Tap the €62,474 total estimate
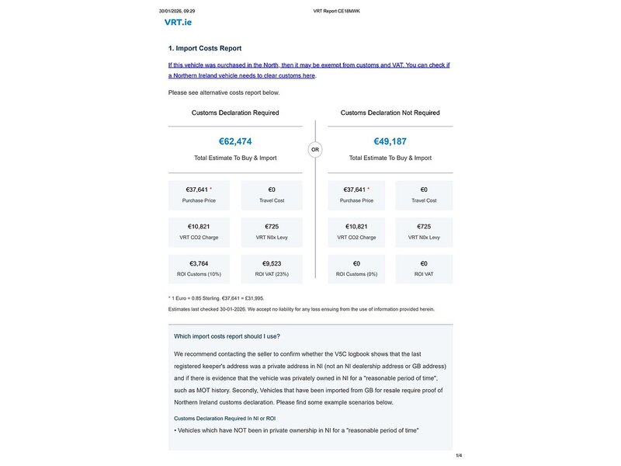(x=235, y=141)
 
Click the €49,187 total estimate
(x=390, y=141)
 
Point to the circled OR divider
(x=314, y=149)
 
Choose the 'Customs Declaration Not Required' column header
(x=390, y=113)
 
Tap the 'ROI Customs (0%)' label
(x=357, y=275)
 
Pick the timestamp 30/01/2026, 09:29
(x=177, y=12)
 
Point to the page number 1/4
(x=458, y=455)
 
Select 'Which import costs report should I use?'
(x=227, y=336)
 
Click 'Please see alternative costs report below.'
(x=224, y=92)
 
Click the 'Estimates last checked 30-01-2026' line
(x=301, y=309)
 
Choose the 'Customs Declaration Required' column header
(x=235, y=113)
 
